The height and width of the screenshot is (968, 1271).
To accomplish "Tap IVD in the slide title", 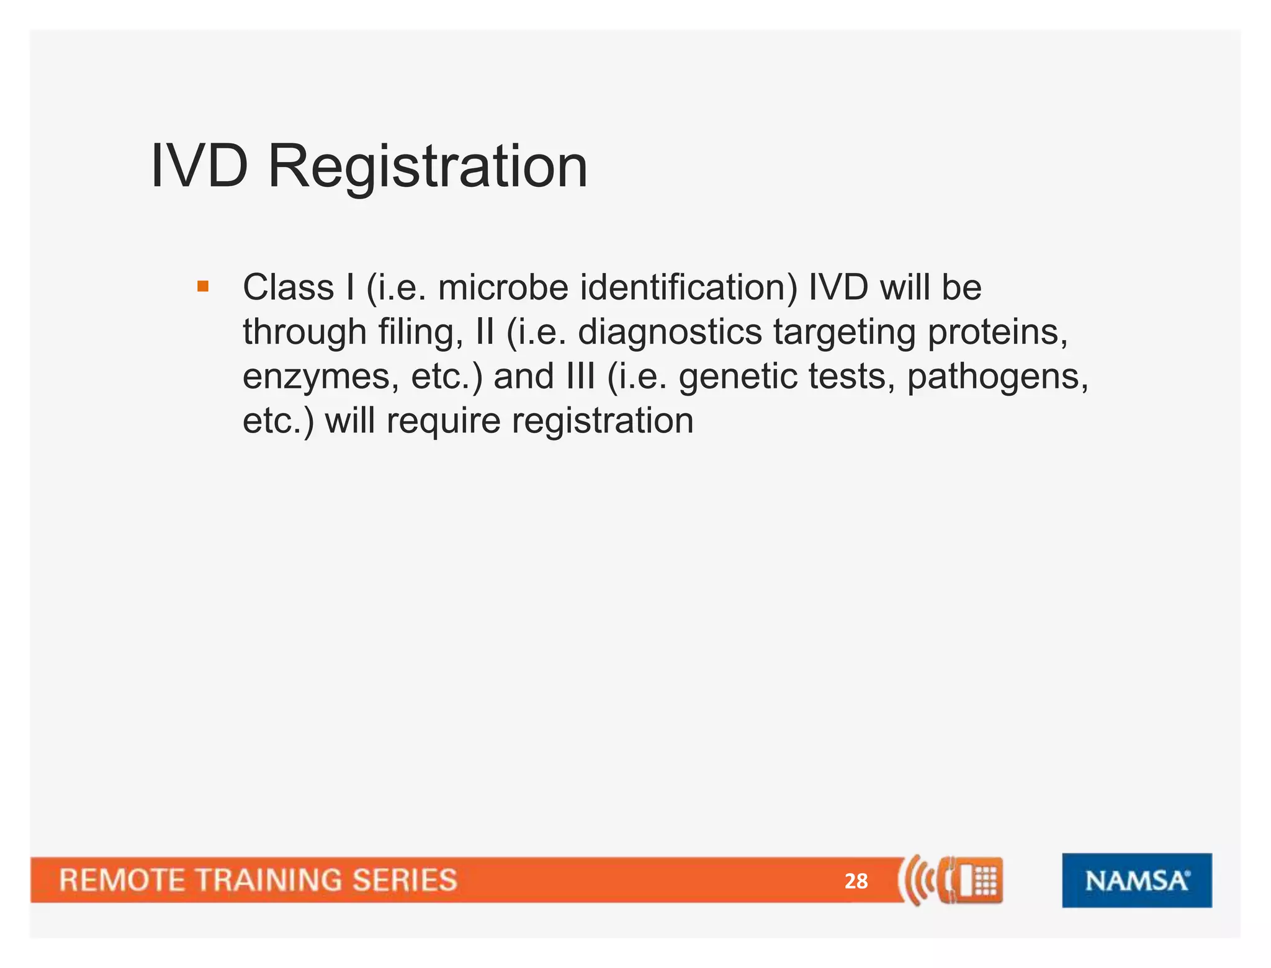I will click(199, 166).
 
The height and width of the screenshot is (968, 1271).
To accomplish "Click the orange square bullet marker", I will click(203, 287).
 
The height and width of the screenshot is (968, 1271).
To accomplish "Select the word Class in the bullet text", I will click(288, 288).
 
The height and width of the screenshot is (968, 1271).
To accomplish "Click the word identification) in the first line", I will click(689, 288).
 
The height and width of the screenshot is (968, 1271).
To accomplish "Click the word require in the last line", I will click(443, 422).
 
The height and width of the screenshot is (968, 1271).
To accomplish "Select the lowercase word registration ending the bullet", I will click(602, 422).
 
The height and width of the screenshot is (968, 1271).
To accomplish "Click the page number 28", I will click(856, 881).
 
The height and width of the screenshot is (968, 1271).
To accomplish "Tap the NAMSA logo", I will click(1136, 880).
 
